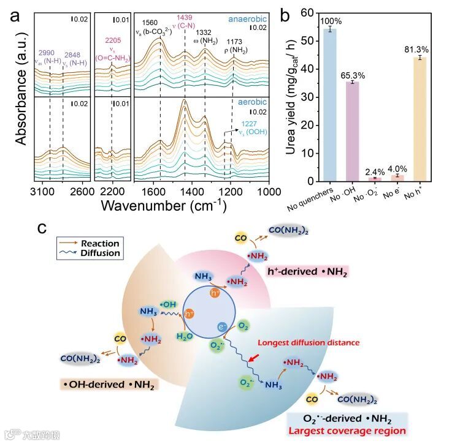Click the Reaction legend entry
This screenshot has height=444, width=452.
pos(102,243)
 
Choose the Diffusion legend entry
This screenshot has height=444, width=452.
pos(102,253)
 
